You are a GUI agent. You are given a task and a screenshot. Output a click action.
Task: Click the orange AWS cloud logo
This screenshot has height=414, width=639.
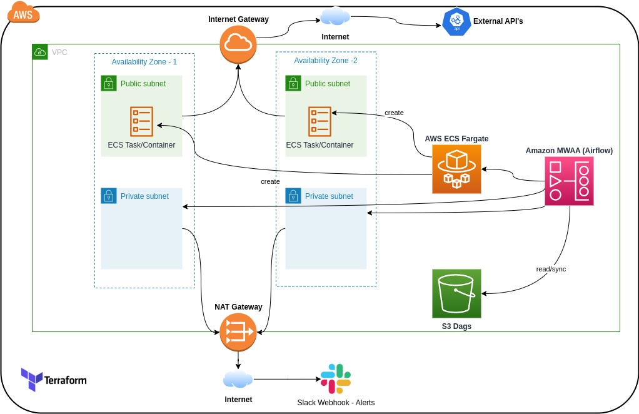click(24, 13)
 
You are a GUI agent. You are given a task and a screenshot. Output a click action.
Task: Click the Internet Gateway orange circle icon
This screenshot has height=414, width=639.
click(238, 44)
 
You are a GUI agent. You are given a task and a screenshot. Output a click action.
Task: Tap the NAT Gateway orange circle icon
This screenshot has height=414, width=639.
click(238, 332)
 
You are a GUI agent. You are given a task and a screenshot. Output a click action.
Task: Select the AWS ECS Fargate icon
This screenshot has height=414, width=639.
click(456, 169)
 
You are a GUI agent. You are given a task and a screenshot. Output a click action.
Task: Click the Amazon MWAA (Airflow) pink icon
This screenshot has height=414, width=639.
click(569, 181)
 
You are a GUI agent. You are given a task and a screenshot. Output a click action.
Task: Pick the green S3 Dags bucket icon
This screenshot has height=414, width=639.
click(456, 293)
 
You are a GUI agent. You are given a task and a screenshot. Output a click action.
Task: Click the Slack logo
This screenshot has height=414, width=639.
click(336, 378)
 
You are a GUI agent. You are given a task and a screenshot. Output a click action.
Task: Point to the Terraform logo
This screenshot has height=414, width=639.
click(53, 380)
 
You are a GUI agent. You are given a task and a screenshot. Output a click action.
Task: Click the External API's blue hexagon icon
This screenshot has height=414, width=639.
click(456, 21)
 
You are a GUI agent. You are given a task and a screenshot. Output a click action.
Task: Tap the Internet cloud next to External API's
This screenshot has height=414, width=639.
click(335, 16)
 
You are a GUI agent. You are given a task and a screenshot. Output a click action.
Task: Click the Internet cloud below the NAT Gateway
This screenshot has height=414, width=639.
click(238, 379)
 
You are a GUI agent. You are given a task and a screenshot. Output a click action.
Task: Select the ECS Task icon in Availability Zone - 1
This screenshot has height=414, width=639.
click(141, 121)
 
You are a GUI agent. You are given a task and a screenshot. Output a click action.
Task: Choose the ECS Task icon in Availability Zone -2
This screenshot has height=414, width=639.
click(319, 121)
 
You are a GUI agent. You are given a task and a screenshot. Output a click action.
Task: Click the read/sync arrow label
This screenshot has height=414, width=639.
click(551, 269)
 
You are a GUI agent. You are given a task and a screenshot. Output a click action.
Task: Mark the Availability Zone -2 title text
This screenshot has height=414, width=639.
click(326, 61)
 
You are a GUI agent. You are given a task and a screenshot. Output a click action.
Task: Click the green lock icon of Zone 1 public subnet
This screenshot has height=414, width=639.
click(109, 83)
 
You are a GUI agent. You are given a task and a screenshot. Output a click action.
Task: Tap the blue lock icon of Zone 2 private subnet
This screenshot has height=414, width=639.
click(293, 196)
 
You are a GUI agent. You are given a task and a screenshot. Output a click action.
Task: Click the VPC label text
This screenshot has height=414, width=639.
click(59, 53)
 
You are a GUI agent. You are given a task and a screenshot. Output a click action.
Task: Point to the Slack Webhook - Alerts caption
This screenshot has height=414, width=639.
click(336, 402)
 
